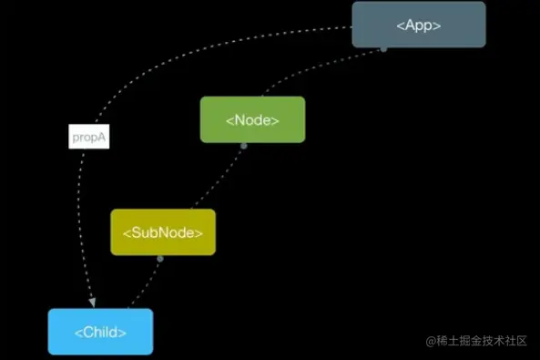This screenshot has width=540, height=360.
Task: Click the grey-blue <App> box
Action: tap(419, 25)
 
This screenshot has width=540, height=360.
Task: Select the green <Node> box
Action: tap(252, 119)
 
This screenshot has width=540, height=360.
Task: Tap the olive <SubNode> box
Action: tap(163, 231)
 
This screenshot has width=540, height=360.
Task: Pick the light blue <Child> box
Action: tap(100, 332)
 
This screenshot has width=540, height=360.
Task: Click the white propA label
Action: tap(89, 137)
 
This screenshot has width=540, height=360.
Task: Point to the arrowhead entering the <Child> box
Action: tap(92, 302)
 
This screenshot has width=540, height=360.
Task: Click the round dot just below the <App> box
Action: tap(383, 48)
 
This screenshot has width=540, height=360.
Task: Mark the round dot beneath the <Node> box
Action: tap(244, 144)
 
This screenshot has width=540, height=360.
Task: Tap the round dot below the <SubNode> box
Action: tap(160, 258)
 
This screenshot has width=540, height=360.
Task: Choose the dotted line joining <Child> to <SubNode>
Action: tap(143, 284)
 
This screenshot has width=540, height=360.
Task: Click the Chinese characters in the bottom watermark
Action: tap(483, 341)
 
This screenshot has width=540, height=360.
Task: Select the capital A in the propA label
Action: tap(103, 137)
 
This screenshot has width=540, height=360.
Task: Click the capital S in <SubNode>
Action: tap(133, 232)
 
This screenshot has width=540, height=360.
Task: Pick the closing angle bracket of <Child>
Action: tap(123, 333)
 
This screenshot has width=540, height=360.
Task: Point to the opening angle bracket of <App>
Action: tap(400, 26)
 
